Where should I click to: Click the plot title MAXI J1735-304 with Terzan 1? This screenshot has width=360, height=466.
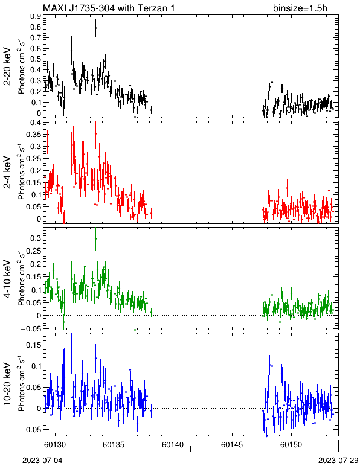coord(109,8)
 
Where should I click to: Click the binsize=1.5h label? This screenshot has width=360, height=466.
coord(300,8)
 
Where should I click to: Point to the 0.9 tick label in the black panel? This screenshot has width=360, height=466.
coord(36,16)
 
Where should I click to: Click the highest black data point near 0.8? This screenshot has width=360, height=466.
coord(95,28)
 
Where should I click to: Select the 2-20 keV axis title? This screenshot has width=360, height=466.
coord(8,66)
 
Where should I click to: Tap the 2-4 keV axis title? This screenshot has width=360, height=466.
coord(8,173)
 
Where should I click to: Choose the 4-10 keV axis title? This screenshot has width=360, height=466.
coord(8,279)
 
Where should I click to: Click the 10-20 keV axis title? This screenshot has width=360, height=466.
coord(8,384)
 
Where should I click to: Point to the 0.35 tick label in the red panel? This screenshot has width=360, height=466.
coord(33,135)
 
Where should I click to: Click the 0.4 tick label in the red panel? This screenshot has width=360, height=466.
coord(36,123)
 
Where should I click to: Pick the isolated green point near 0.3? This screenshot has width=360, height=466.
coord(95,238)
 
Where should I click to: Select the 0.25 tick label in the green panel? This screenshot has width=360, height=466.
coord(33,251)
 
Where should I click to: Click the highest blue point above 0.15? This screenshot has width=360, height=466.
coord(71,343)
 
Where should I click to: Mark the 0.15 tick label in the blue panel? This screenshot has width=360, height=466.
coord(33,345)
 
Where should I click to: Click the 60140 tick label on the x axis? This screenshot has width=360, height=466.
coord(173,445)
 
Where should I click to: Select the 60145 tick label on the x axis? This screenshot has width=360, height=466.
coord(232,445)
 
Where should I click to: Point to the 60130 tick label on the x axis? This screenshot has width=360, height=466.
coord(55,445)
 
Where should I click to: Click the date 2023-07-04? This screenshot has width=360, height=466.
coord(42,461)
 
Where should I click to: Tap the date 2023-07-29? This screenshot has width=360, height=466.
coord(338,461)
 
